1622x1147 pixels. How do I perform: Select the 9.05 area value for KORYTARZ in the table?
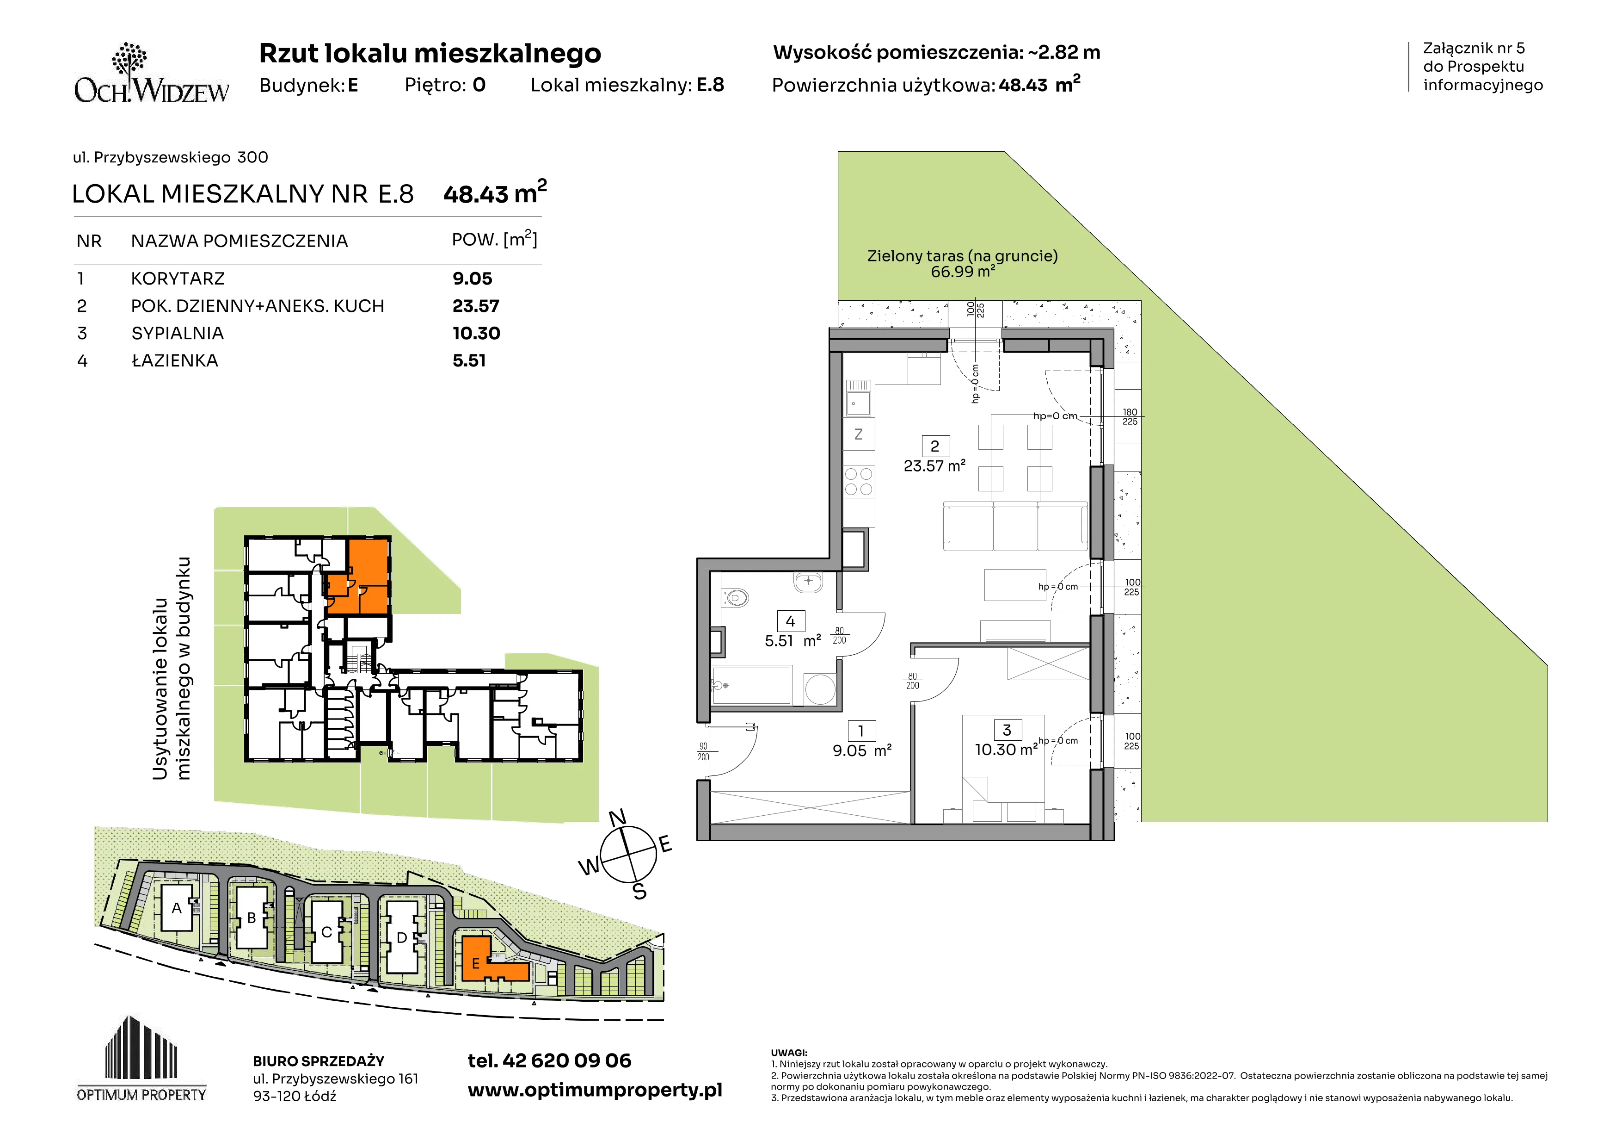pyautogui.click(x=472, y=279)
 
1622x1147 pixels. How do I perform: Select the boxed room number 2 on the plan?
pyautogui.click(x=934, y=446)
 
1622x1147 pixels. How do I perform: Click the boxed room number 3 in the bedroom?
pyautogui.click(x=1007, y=730)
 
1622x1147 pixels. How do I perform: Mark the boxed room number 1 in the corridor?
pyautogui.click(x=861, y=731)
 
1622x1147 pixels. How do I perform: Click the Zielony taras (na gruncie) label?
pyautogui.click(x=962, y=256)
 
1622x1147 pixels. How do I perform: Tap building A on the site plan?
pyautogui.click(x=177, y=908)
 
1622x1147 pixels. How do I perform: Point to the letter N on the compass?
pyautogui.click(x=617, y=818)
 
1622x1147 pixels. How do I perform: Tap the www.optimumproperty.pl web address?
pyautogui.click(x=595, y=1091)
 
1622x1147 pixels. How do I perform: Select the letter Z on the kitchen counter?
pyautogui.click(x=858, y=434)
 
